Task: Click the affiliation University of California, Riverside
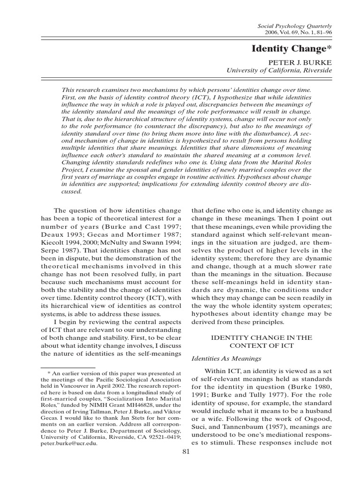pos(279,70)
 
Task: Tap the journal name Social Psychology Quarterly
pos(298,28)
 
